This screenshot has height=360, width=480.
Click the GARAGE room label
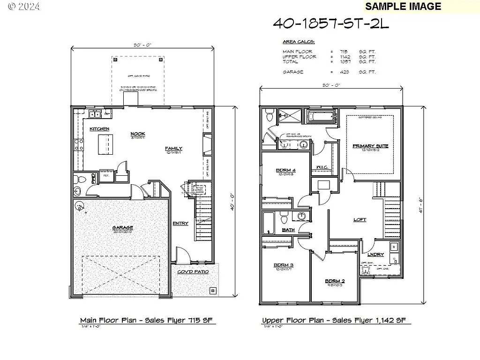pyautogui.click(x=122, y=228)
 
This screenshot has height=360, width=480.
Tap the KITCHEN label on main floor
pyautogui.click(x=99, y=129)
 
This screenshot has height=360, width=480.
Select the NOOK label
pyautogui.click(x=138, y=134)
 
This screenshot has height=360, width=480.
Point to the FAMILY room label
pyautogui.click(x=173, y=148)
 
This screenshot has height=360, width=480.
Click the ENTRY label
pyautogui.click(x=180, y=223)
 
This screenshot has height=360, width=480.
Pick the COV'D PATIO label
pyautogui.click(x=193, y=272)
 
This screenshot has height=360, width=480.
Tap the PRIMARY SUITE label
pyautogui.click(x=370, y=146)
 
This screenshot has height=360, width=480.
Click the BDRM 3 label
pyautogui.click(x=284, y=265)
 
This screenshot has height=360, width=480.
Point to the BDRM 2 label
pyautogui.click(x=335, y=281)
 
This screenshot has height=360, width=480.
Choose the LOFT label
pyautogui.click(x=360, y=220)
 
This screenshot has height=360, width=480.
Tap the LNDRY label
pyautogui.click(x=376, y=255)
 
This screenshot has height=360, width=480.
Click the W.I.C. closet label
pyautogui.click(x=325, y=167)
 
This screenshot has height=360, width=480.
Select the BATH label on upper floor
pyautogui.click(x=288, y=230)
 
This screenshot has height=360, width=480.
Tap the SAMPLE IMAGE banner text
pyautogui.click(x=403, y=6)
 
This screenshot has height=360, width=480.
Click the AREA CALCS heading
pyautogui.click(x=299, y=42)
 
